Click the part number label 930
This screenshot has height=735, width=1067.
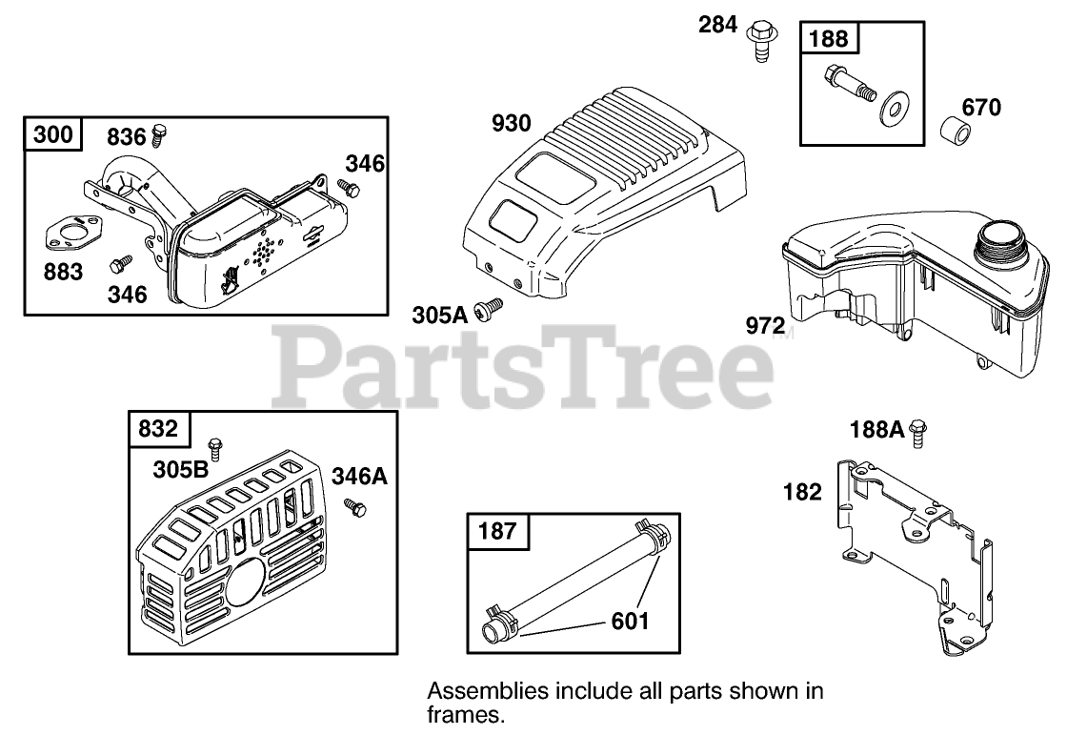512,123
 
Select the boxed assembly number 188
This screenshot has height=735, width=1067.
829,39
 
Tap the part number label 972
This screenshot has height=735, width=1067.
765,325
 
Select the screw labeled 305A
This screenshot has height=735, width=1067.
492,308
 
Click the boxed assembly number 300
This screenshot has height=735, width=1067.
52,134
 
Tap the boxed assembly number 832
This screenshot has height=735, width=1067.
158,429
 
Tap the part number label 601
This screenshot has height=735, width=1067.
629,622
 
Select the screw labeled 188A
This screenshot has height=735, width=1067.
918,433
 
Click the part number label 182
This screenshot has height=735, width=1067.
802,492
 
